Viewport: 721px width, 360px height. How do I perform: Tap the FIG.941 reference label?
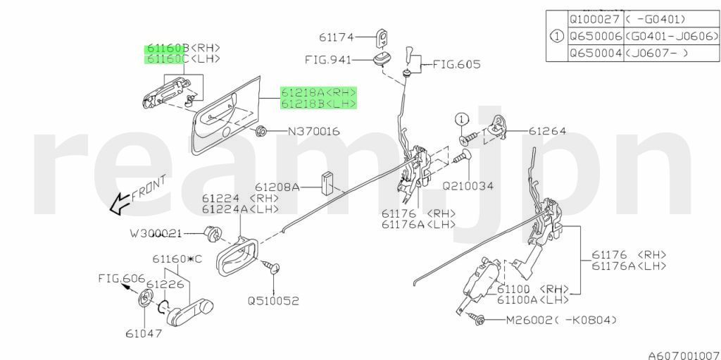coord(327,61)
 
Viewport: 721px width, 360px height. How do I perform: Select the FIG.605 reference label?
coord(456,64)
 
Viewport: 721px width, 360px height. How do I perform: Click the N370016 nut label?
coord(314,131)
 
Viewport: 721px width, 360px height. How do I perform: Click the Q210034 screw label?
coord(468,186)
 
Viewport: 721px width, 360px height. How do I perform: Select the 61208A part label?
coord(277,187)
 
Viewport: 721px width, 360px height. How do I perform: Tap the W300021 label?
coord(156,232)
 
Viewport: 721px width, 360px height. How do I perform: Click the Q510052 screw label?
coord(273,300)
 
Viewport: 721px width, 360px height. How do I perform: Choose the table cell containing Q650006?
coord(595,36)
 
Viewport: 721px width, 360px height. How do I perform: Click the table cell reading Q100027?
coord(595,20)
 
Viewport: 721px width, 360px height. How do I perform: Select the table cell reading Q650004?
coord(595,53)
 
